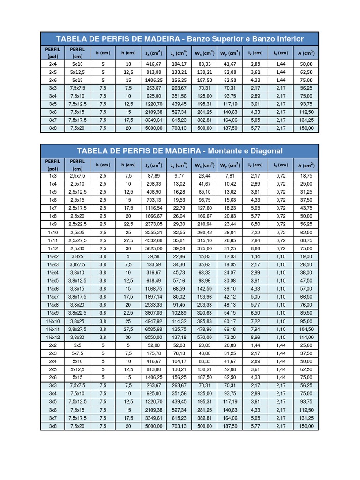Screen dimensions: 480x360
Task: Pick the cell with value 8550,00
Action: (x=154, y=337)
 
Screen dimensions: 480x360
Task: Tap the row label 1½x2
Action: (x=52, y=256)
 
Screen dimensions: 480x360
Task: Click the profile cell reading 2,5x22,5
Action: (x=77, y=224)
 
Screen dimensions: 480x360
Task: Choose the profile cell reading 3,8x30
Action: (x=77, y=337)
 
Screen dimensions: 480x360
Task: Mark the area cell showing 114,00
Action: (x=306, y=337)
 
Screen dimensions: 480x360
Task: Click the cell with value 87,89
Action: (x=154, y=175)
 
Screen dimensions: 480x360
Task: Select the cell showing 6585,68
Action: (x=154, y=329)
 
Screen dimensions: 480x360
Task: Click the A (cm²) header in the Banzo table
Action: (x=306, y=52)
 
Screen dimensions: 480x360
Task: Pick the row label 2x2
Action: (x=52, y=345)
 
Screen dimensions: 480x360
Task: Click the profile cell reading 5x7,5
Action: (x=77, y=353)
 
